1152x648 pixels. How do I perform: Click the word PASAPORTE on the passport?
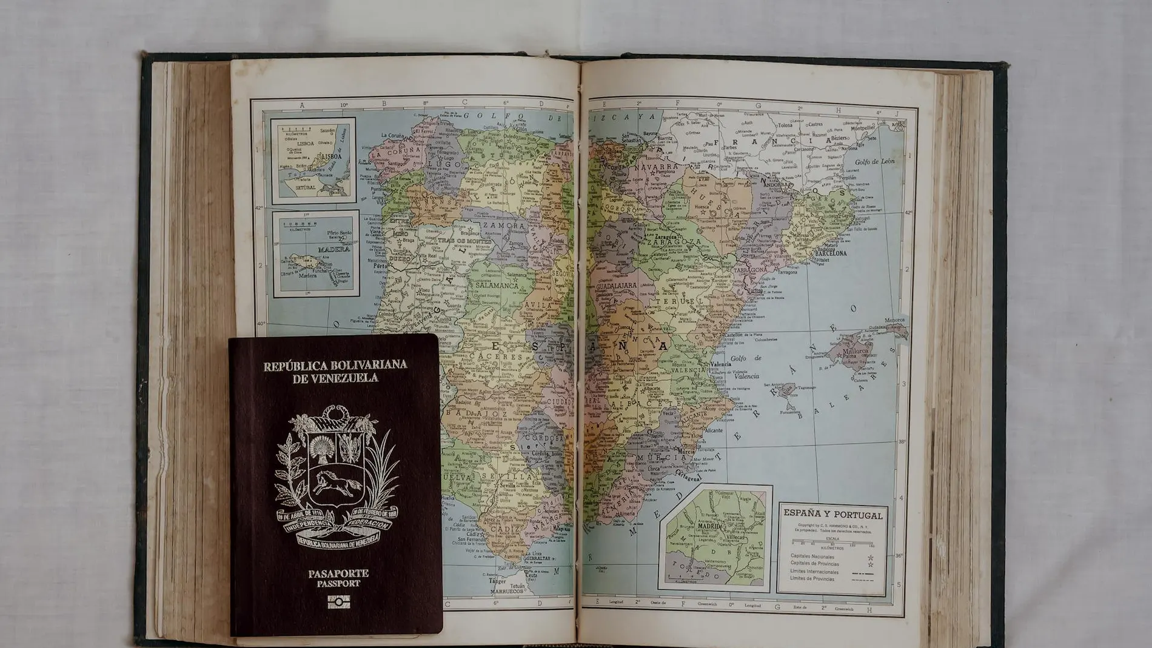pos(338,573)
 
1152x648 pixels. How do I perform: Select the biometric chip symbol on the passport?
pos(338,601)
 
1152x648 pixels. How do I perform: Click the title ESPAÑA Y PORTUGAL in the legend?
pos(833,515)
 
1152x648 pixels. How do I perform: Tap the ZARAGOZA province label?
pos(673,241)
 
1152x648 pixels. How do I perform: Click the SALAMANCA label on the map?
pos(496,285)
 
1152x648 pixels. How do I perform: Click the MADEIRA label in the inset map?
pos(333,249)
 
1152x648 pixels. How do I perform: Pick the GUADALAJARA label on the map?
pos(616,285)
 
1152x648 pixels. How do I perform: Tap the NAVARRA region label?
pos(657,165)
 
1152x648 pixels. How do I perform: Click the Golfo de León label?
pos(874,162)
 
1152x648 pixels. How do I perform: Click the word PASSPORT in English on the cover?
pos(338,584)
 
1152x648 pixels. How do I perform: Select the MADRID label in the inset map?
pos(709,526)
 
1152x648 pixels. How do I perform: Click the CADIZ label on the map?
pos(504,529)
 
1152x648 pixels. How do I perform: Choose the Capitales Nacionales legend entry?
pos(812,556)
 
